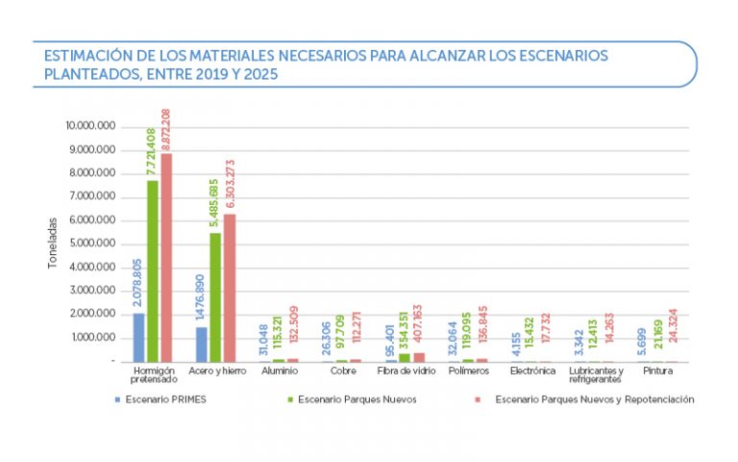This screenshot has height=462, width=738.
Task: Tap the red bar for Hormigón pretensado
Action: click(165, 258)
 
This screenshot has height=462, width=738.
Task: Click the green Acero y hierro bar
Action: click(215, 297)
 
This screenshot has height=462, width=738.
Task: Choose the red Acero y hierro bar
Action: click(229, 288)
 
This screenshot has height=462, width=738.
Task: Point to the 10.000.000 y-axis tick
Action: click(90, 126)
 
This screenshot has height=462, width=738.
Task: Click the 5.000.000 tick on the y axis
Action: click(93, 244)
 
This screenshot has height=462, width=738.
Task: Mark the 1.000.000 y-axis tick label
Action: click(93, 338)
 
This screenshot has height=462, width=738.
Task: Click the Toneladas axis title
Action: click(54, 242)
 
